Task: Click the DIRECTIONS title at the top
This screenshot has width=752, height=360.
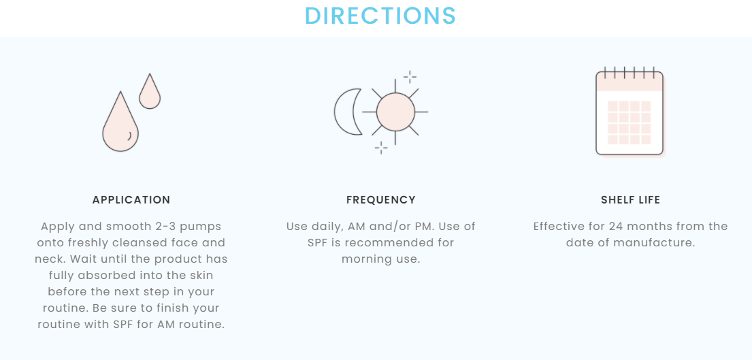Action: point(380,16)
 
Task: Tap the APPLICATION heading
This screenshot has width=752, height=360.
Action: point(131,200)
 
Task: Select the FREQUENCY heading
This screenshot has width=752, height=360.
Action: point(381,200)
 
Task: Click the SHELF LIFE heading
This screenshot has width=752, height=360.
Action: point(631,200)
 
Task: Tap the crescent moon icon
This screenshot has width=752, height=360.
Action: point(347,112)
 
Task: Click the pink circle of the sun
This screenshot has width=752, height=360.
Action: point(395,112)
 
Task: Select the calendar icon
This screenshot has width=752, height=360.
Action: point(630,112)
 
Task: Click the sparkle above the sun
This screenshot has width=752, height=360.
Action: point(410,77)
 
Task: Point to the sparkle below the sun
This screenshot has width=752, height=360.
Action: point(381,148)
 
